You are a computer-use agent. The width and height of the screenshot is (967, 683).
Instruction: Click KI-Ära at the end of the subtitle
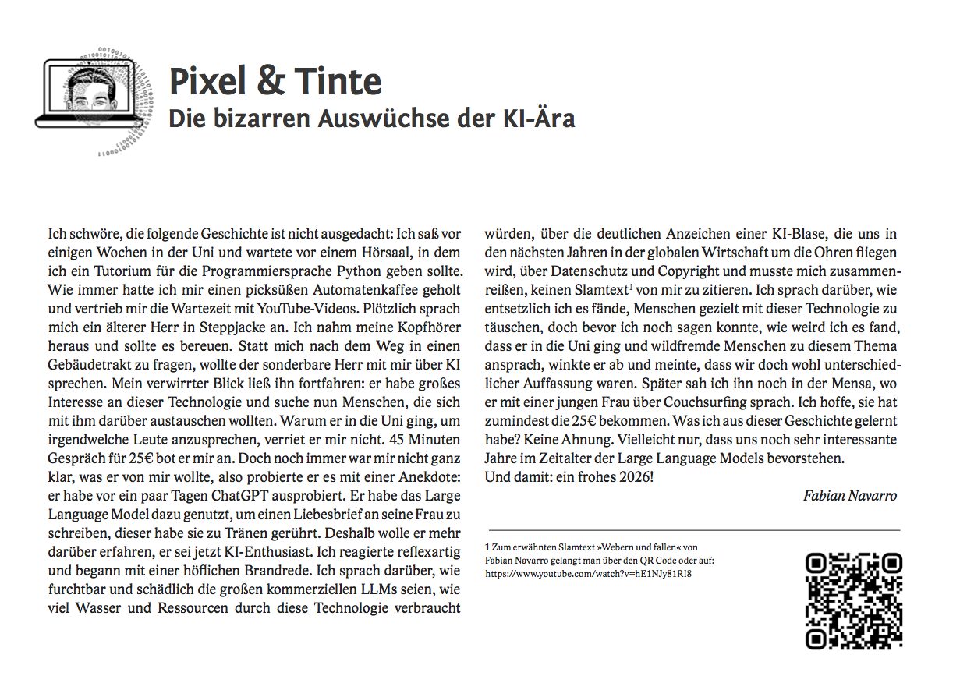pyautogui.click(x=537, y=119)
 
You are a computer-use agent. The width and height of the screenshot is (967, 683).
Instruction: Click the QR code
pyautogui.click(x=853, y=600)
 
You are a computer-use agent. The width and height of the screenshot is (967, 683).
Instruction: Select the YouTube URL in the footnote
pyautogui.click(x=589, y=573)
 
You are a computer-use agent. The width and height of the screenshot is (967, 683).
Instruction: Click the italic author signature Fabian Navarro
pyautogui.click(x=850, y=496)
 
